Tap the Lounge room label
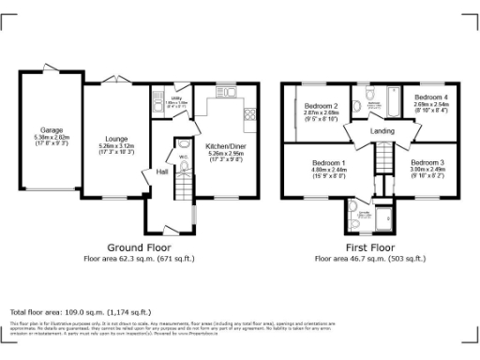click(x=116, y=138)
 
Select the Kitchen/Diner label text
click(x=224, y=146)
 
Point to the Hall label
click(x=162, y=172)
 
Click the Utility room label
click(x=176, y=97)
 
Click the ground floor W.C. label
click(x=184, y=157)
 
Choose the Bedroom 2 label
click(x=322, y=106)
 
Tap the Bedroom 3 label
click(x=427, y=162)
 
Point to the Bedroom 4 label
click(x=431, y=97)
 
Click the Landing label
click(x=382, y=131)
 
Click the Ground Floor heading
click(x=139, y=247)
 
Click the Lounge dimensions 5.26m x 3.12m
click(x=116, y=146)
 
